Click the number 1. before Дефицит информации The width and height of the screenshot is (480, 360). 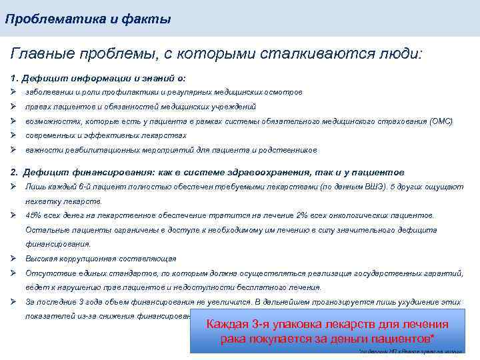click(16, 78)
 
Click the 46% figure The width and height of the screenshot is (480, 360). click(33, 215)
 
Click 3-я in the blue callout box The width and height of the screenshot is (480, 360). click(259, 325)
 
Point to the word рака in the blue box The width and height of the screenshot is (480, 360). click(233, 339)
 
